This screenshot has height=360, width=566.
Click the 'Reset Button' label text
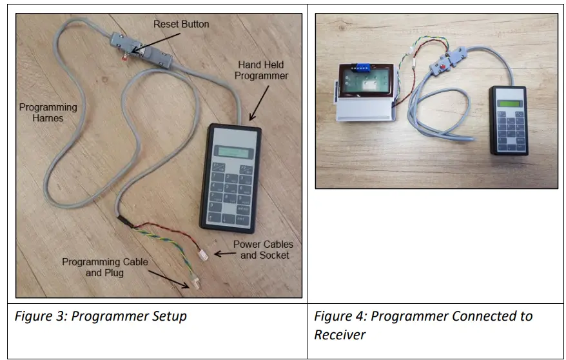pyautogui.click(x=181, y=25)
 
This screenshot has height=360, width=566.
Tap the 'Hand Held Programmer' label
pyautogui.click(x=261, y=70)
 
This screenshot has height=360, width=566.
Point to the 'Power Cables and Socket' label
pyautogui.click(x=262, y=250)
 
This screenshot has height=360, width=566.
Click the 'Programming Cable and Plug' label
pyautogui.click(x=104, y=267)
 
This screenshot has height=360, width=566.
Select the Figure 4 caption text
pyautogui.click(x=423, y=325)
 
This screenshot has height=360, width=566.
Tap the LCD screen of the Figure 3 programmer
pyautogui.click(x=233, y=151)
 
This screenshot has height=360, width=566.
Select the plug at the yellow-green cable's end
pyautogui.click(x=191, y=283)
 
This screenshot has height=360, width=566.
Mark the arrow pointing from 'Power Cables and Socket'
pyautogui.click(x=223, y=254)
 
